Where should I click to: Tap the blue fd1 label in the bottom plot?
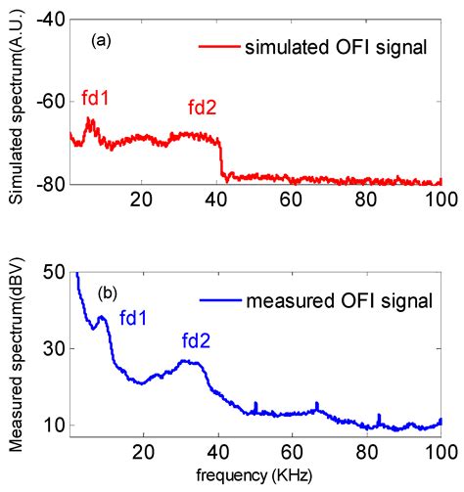[x=134, y=317]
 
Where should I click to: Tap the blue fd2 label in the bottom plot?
[x=197, y=340]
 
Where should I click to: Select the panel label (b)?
[x=108, y=292]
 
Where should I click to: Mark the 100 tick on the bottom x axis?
[x=439, y=452]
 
